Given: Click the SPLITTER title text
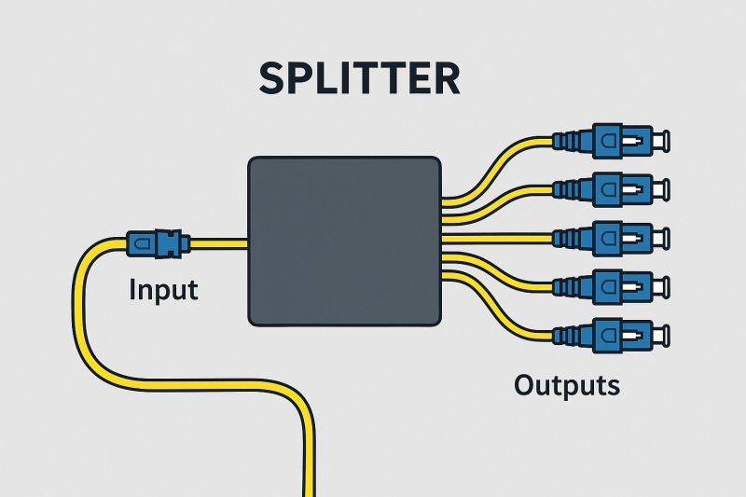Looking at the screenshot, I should (x=360, y=79).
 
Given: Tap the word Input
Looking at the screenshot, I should (x=164, y=289).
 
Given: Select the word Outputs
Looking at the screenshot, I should (x=567, y=383).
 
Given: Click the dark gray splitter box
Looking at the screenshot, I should (x=343, y=241).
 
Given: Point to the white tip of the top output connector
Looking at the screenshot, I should (x=659, y=141).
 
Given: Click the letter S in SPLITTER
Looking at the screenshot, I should (x=274, y=79).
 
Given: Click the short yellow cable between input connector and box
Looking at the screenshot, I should (x=219, y=244).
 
